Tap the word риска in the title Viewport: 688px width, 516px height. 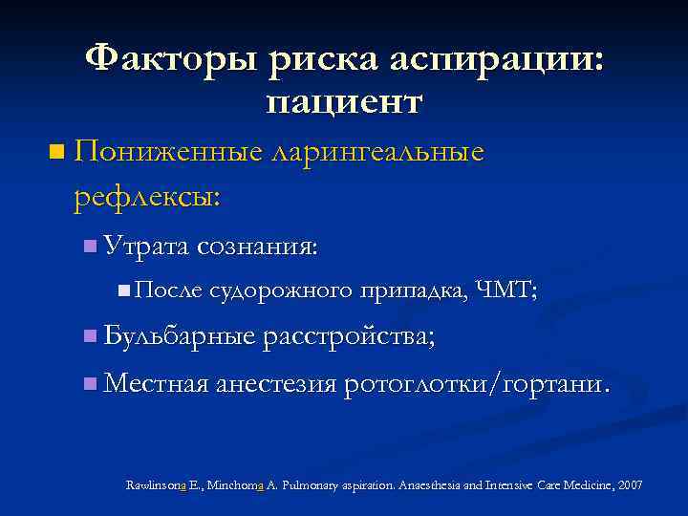pyautogui.click(x=322, y=59)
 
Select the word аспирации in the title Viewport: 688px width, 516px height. pyautogui.click(x=496, y=59)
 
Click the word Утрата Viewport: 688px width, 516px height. pyautogui.click(x=146, y=246)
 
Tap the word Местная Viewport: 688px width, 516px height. pyautogui.click(x=156, y=383)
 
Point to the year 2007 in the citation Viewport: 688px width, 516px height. pyautogui.click(x=631, y=485)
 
